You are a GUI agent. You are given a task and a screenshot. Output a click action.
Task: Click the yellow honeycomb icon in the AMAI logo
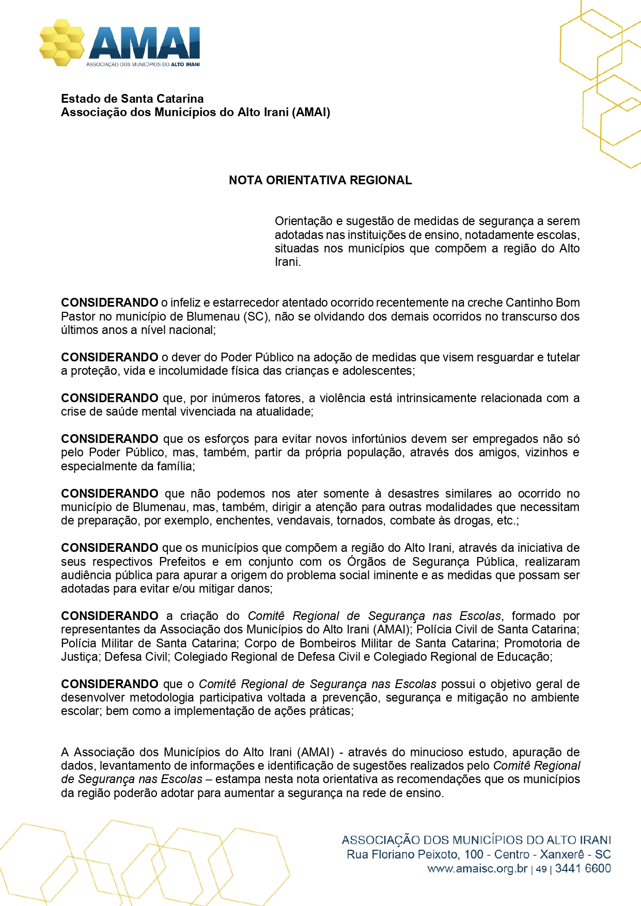coord(61,42)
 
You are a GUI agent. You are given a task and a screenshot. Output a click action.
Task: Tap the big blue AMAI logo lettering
coord(144,43)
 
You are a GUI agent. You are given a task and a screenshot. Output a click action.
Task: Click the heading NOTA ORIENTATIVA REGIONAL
coord(320,180)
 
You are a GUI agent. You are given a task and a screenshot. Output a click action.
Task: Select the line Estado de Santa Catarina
coord(132,99)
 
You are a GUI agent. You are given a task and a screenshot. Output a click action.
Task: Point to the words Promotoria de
coord(541,643)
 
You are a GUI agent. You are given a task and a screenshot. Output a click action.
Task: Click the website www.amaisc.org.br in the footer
coord(477,868)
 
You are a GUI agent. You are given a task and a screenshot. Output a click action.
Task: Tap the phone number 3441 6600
coord(583,868)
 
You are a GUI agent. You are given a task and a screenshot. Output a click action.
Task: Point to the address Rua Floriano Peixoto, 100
coord(416,854)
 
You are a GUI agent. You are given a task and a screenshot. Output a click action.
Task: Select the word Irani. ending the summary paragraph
coord(288,262)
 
